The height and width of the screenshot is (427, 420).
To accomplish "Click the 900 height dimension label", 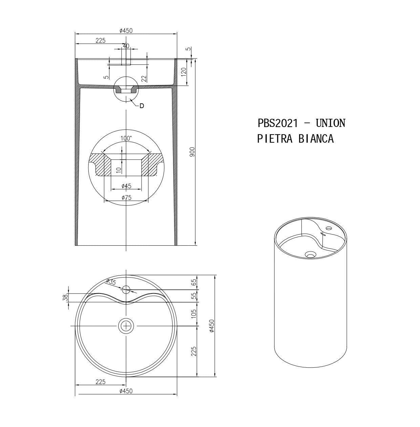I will tap(192, 151).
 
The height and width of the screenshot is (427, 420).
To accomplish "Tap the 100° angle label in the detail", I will tap(126, 138).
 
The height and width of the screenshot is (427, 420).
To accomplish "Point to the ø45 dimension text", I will tap(126, 186).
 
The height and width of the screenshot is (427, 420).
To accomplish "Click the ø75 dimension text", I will tap(126, 198).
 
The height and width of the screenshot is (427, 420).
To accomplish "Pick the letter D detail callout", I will tap(142, 106).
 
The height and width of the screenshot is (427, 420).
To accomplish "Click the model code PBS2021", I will tap(278, 123).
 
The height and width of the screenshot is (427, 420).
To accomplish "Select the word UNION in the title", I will tap(330, 123).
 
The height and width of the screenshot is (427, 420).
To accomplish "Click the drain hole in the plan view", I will tap(126, 326).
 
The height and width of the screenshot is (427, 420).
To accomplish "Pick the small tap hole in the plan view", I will tap(126, 289).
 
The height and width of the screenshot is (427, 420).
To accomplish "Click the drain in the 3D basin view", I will tap(310, 255).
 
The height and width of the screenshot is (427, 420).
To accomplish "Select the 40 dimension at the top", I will tap(126, 46).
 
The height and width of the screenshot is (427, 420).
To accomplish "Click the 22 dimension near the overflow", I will tap(144, 78).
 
